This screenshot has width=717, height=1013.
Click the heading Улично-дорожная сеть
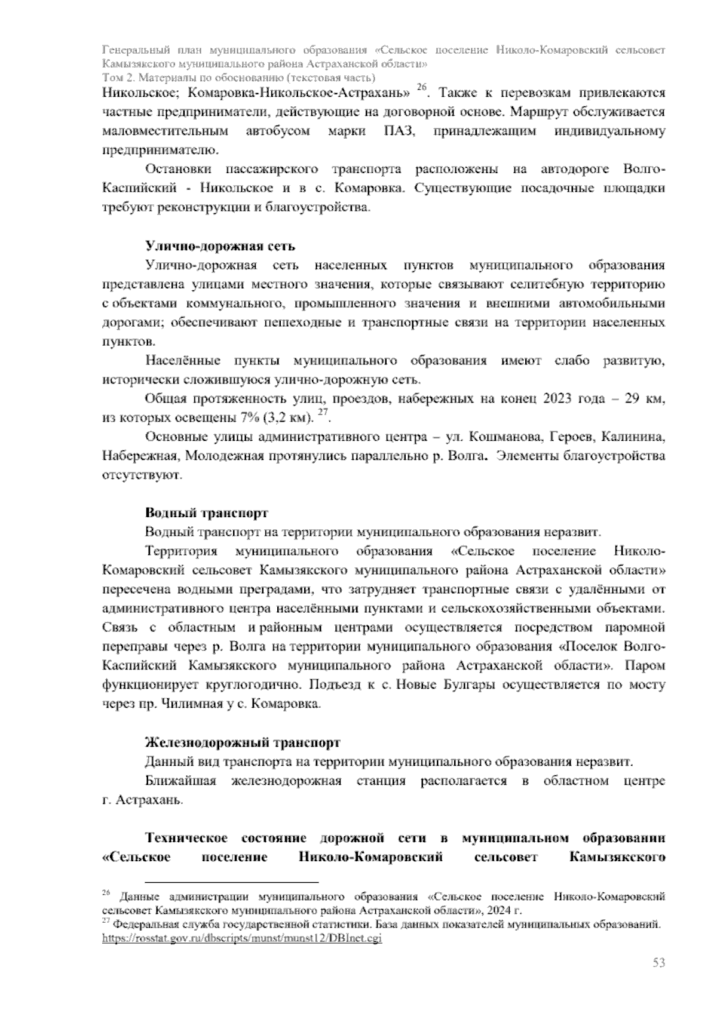pyautogui.click(x=220, y=247)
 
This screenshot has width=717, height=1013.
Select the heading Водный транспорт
pyautogui.click(x=207, y=513)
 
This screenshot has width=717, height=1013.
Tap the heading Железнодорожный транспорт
pyautogui.click(x=243, y=742)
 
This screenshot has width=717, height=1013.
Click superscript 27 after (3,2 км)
pyautogui.click(x=322, y=413)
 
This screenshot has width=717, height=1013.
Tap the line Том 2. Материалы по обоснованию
pyautogui.click(x=238, y=78)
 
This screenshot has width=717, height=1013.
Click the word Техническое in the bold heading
pyautogui.click(x=189, y=839)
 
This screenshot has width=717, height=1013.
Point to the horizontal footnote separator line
pyautogui.click(x=232, y=882)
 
